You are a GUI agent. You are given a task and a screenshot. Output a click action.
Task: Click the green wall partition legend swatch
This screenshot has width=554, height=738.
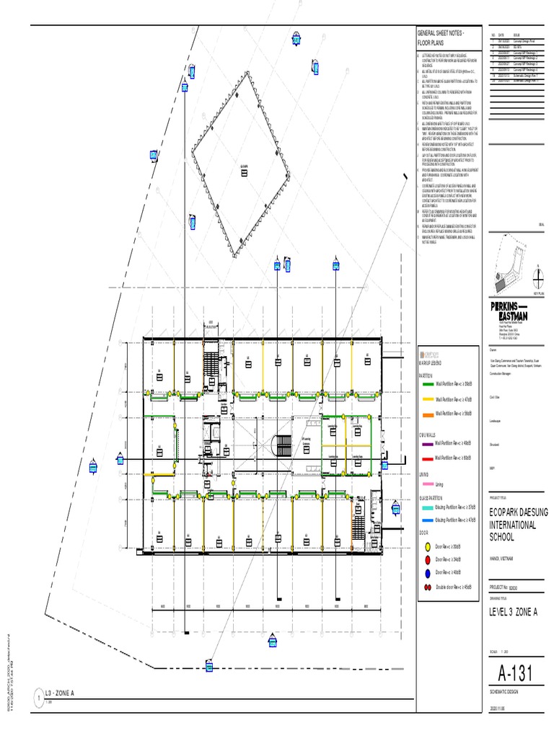[x=427, y=384]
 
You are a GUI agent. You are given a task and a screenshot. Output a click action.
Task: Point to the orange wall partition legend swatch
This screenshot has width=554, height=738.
[x=427, y=414]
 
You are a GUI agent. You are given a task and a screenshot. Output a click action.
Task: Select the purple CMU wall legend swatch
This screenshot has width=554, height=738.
[x=427, y=445]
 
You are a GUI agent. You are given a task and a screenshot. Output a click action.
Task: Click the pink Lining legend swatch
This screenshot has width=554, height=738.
[x=427, y=485]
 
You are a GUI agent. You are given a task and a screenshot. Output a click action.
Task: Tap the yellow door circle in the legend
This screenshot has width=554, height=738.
[x=427, y=548]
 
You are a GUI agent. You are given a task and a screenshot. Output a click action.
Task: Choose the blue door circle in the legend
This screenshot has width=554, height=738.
[x=427, y=573]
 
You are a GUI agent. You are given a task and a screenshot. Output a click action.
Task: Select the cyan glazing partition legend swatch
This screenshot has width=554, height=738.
[x=427, y=507]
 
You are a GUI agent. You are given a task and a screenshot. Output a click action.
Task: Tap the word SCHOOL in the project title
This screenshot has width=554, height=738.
[x=505, y=537]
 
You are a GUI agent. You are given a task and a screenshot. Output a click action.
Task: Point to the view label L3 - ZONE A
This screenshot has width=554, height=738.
[x=60, y=693]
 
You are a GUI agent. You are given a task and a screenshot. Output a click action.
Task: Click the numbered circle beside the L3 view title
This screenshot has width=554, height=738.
[x=37, y=698]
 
